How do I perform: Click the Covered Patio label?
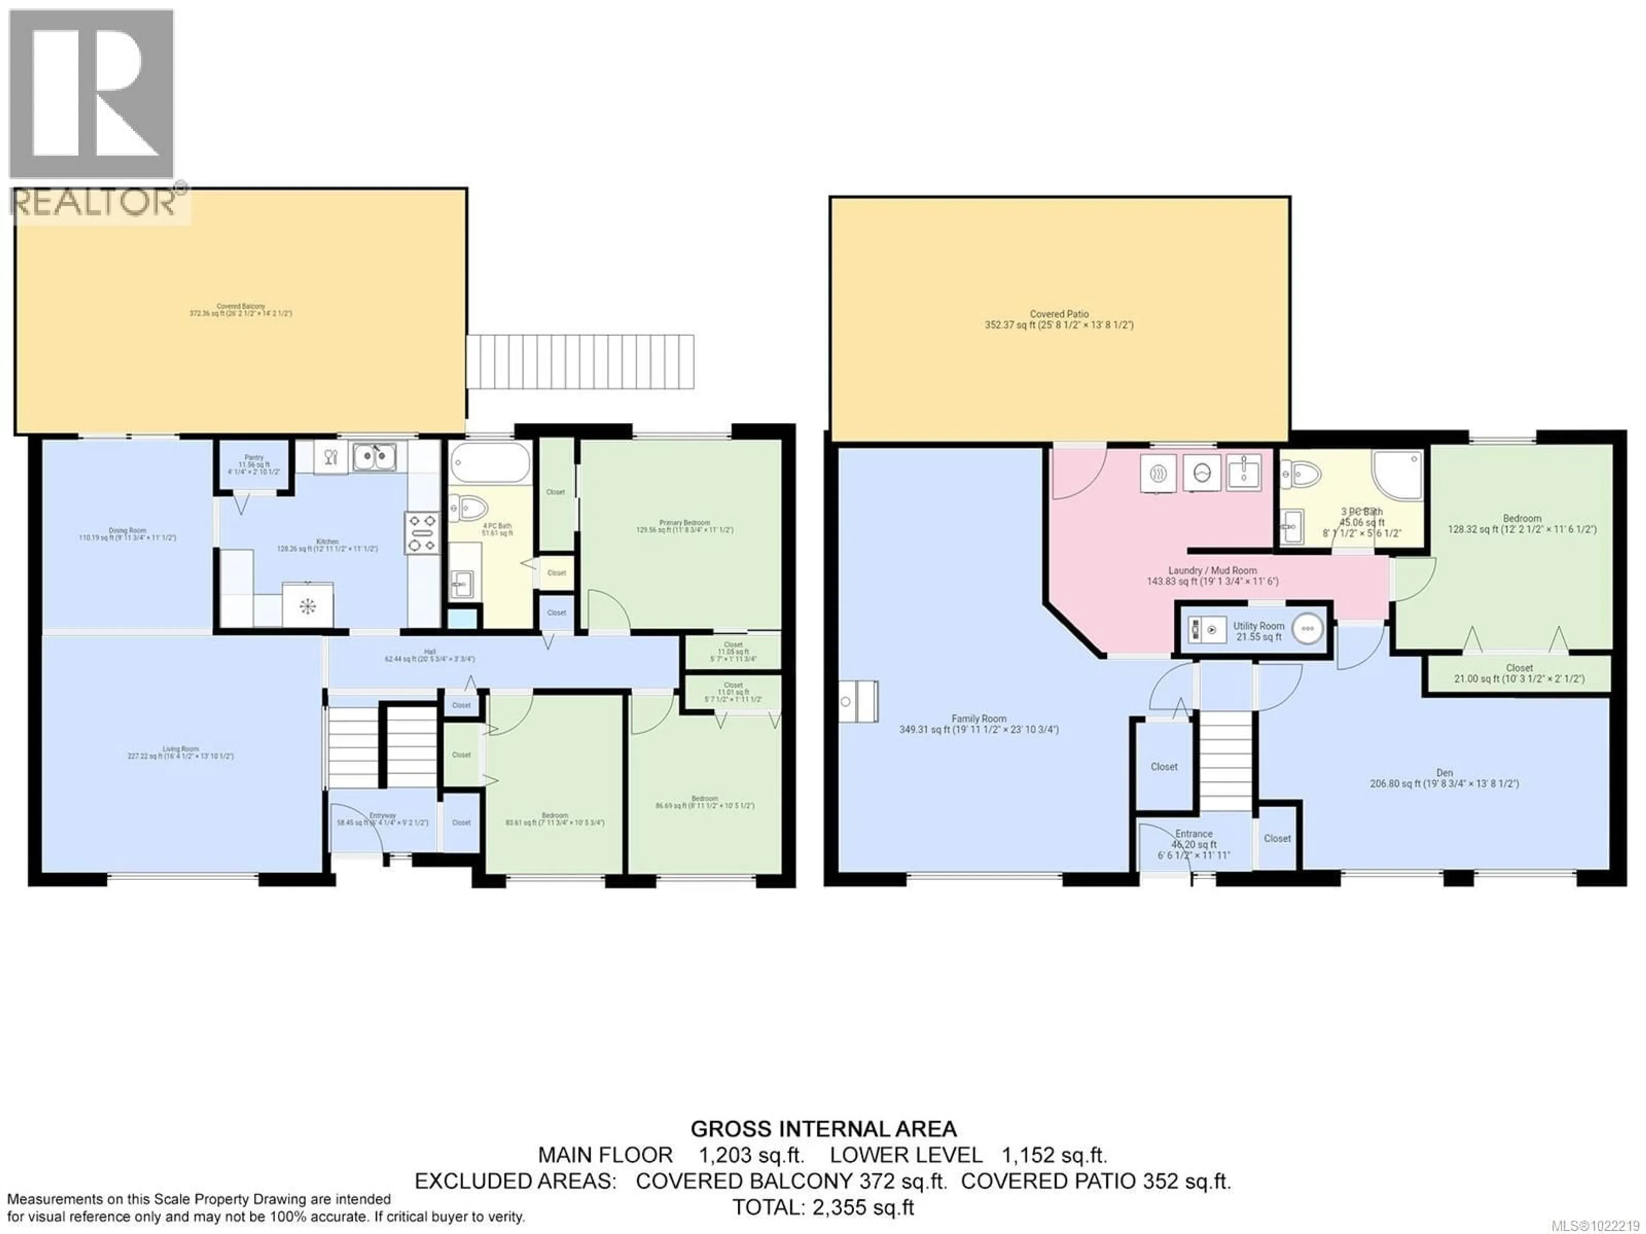pos(1059,314)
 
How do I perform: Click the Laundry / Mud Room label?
pos(1212,570)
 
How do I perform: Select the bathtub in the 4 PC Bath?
pos(490,463)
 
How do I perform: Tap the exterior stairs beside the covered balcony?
pos(580,362)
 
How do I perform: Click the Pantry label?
pos(254,458)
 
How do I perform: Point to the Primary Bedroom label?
pos(684,523)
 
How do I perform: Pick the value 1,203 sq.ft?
pos(751,1155)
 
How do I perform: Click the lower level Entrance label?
pos(1194,834)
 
